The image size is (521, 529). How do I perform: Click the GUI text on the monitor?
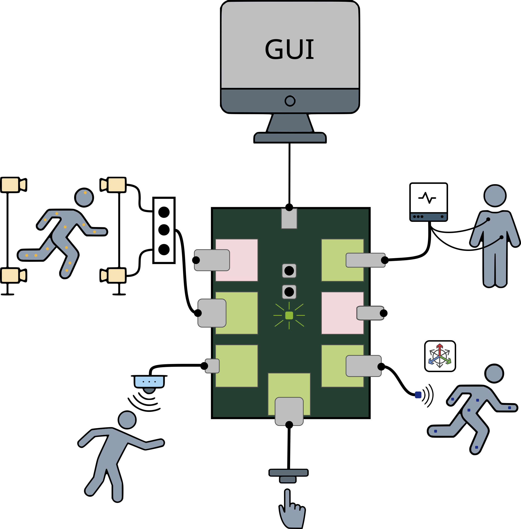[x=289, y=49]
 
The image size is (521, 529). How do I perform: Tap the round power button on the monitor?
[x=290, y=101]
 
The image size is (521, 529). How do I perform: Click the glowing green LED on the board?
[x=289, y=316]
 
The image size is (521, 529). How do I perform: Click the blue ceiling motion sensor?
[x=149, y=383]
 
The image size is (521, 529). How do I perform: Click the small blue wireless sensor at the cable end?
[x=418, y=395]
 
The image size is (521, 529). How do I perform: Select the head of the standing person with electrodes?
[x=495, y=196]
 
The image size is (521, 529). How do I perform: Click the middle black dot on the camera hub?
[x=164, y=230]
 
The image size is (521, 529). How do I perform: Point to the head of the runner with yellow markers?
[x=84, y=198]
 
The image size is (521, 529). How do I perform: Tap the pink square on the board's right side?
[x=342, y=313]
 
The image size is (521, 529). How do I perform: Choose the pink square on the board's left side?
[x=236, y=260]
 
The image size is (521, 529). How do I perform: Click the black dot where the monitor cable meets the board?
[x=289, y=207]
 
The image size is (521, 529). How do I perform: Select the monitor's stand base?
[x=290, y=137]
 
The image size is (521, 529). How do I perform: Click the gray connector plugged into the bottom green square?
[x=289, y=411]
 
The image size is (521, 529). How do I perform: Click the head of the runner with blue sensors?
[x=494, y=374]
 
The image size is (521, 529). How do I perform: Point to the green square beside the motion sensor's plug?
[x=236, y=366]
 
